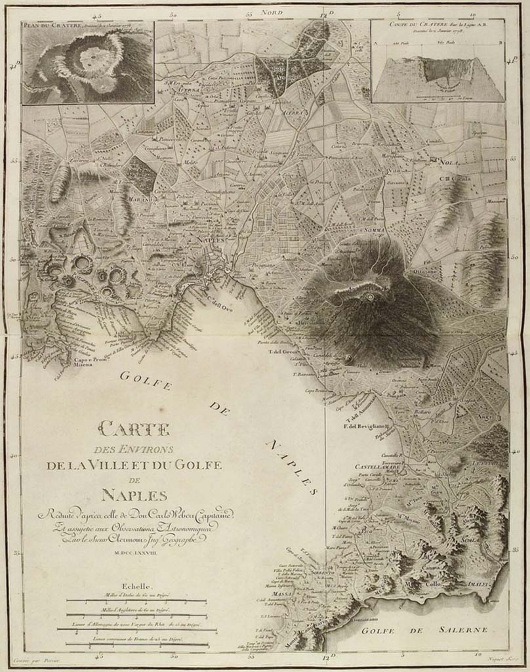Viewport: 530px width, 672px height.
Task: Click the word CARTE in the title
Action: click(134, 430)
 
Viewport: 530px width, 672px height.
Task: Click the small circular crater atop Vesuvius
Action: click(371, 297)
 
